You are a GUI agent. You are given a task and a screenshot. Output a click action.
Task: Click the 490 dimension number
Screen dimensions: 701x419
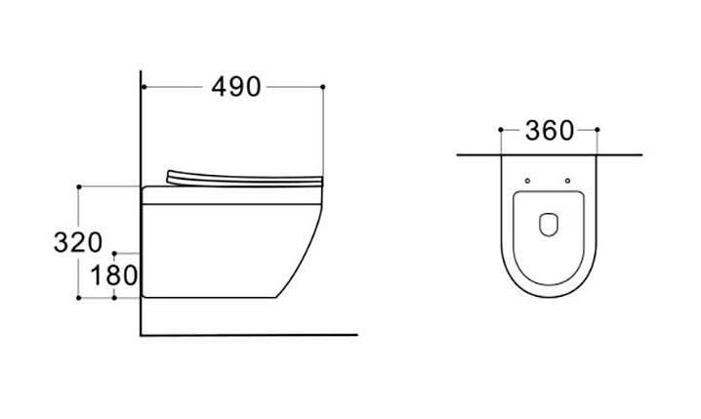click(236, 87)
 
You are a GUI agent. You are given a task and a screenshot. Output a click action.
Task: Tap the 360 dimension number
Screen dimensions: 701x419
click(550, 131)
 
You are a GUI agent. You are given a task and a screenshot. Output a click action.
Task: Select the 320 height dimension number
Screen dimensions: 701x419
click(78, 242)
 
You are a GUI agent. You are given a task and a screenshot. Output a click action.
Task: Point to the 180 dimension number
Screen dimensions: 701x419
click(114, 275)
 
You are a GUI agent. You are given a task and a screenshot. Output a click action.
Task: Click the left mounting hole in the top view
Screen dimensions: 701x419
click(527, 181)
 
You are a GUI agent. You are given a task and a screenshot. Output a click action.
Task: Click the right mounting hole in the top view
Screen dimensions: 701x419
click(568, 181)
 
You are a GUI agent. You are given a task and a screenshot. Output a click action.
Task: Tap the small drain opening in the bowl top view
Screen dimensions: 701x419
click(549, 224)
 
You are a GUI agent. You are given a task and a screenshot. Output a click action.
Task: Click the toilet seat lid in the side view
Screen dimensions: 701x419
click(244, 180)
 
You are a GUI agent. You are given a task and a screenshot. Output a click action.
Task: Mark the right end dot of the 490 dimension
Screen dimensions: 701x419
click(323, 87)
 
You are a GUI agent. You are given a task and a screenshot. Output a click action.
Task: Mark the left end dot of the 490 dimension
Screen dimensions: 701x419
click(144, 87)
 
